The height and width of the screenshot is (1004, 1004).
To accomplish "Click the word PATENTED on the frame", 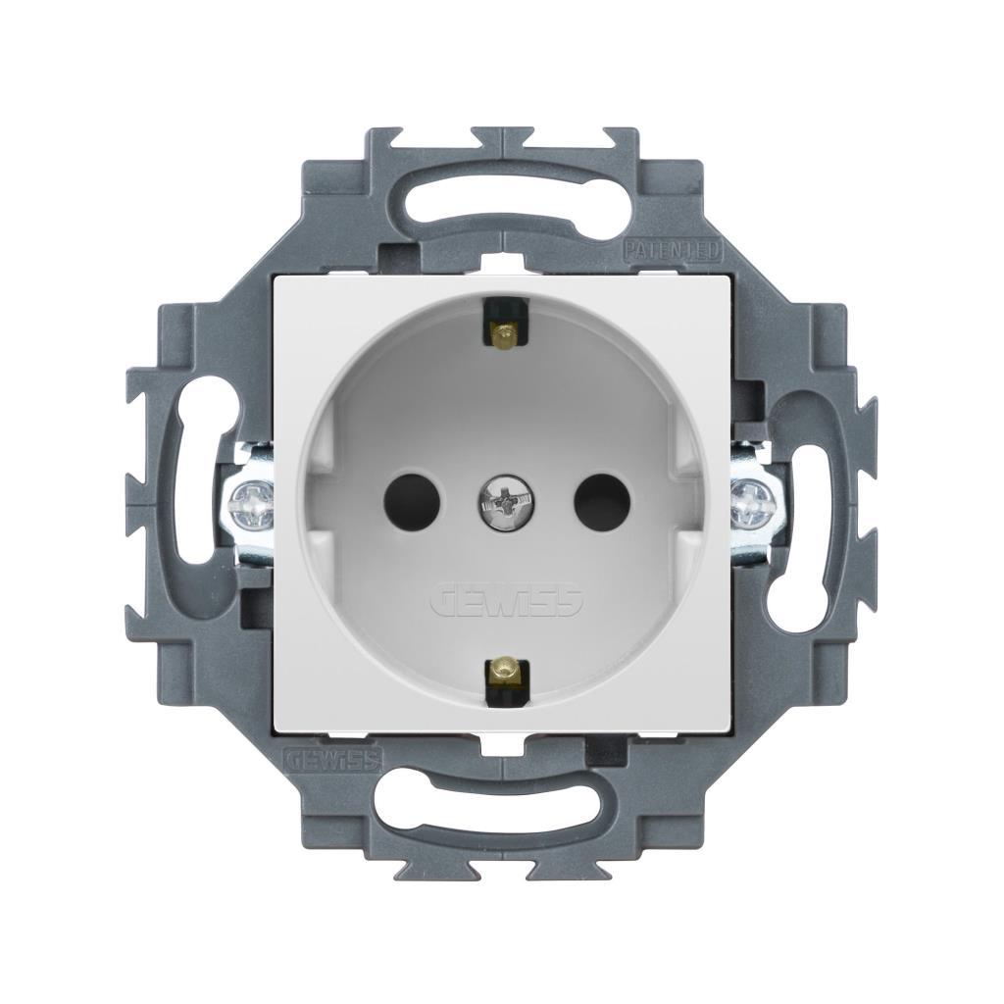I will [x=673, y=250].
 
